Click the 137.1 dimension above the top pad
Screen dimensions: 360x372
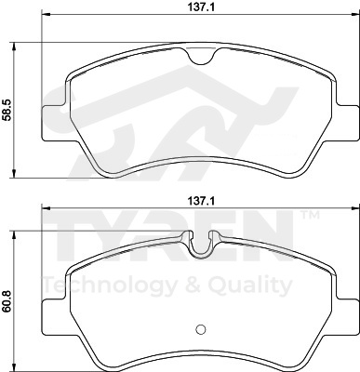pyautogui.click(x=201, y=7)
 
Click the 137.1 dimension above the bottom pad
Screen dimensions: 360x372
pyautogui.click(x=201, y=202)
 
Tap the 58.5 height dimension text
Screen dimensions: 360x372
pyautogui.click(x=7, y=110)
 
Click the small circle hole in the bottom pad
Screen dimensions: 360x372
pyautogui.click(x=201, y=329)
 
